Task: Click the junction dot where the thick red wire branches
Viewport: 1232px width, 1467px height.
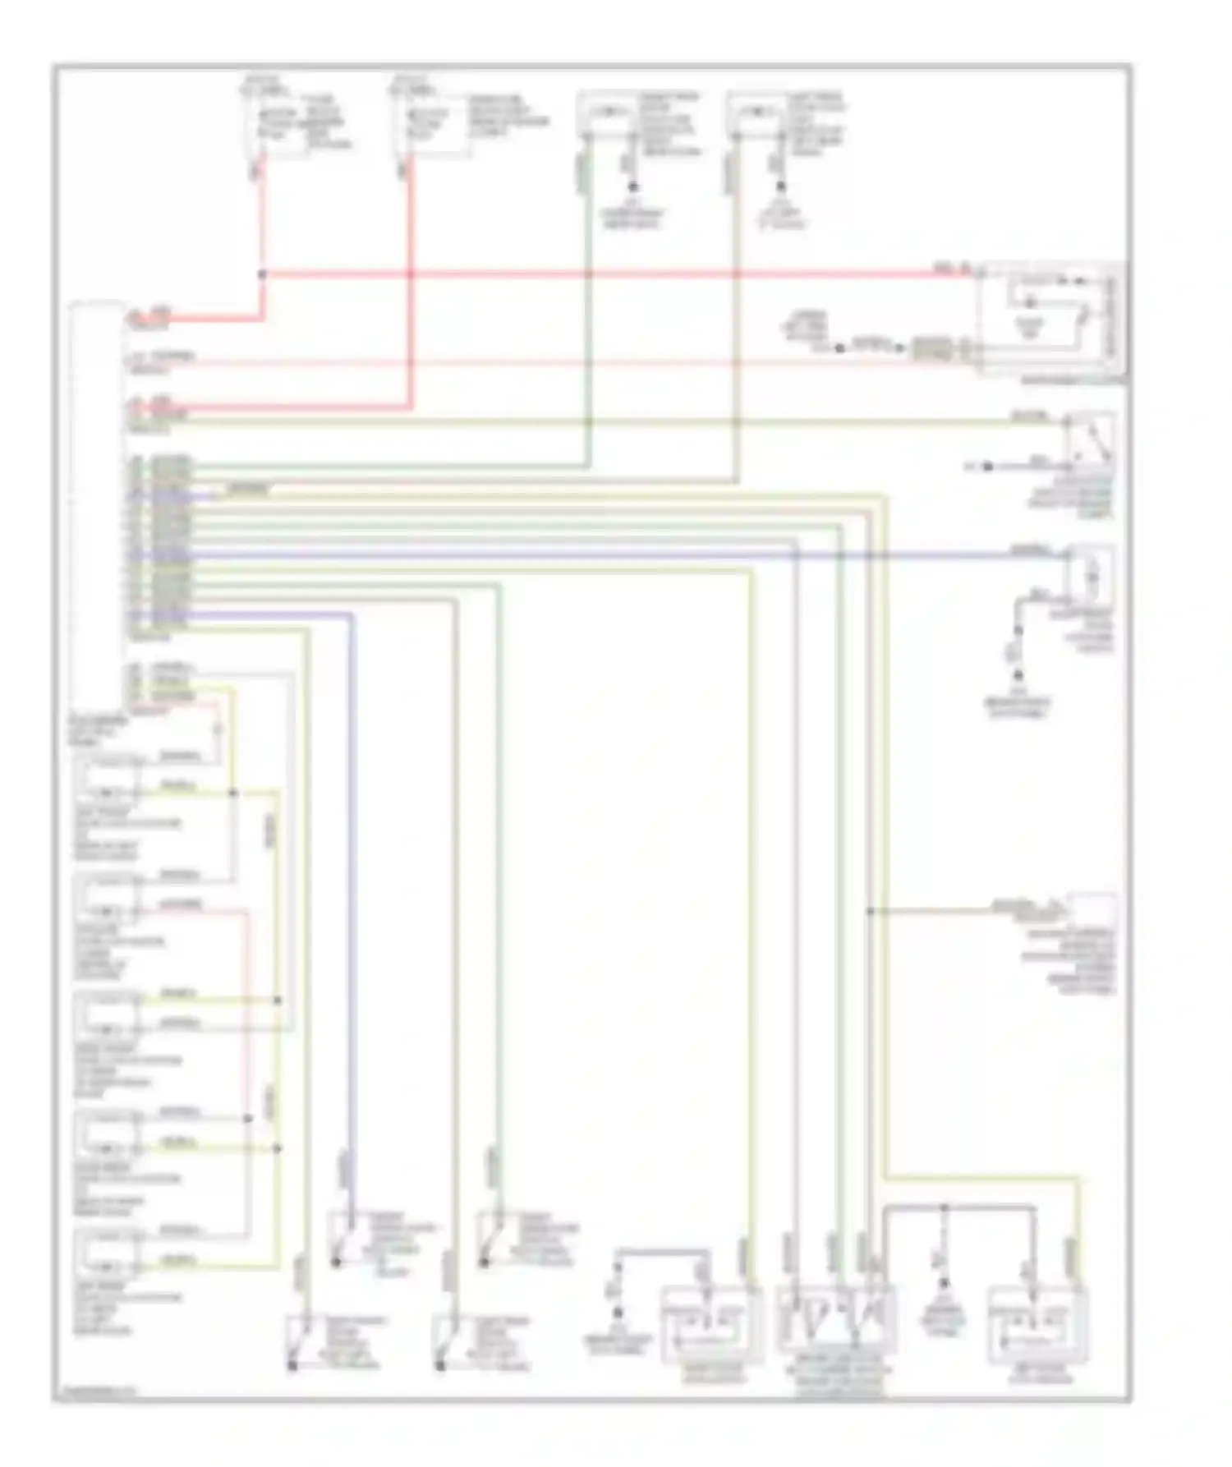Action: (x=262, y=273)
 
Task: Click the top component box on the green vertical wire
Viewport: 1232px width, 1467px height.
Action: (x=608, y=114)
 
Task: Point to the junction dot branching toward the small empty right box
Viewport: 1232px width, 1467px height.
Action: (x=870, y=911)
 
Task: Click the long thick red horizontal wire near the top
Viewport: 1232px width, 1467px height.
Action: (x=616, y=273)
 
